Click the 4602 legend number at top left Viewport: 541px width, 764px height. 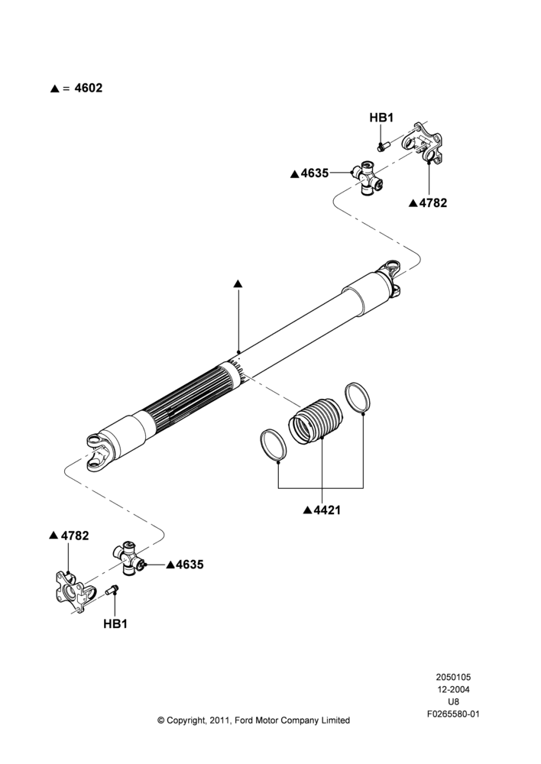point(88,88)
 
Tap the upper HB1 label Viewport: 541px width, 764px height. point(381,118)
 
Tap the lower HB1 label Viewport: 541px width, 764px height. point(115,623)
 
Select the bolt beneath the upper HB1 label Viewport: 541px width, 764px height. point(381,146)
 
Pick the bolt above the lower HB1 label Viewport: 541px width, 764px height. point(112,590)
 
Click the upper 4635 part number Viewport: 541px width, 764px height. point(314,173)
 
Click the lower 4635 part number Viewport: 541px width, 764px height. point(190,565)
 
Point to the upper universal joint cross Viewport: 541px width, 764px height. point(368,177)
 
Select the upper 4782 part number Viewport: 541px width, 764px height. point(433,203)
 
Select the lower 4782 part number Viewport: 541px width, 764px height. point(75,536)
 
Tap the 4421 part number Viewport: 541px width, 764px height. point(327,510)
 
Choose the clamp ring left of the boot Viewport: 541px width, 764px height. point(273,445)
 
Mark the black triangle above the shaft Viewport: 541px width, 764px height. point(238,283)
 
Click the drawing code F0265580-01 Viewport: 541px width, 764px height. point(453,714)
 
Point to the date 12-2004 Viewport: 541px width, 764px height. point(453,689)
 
